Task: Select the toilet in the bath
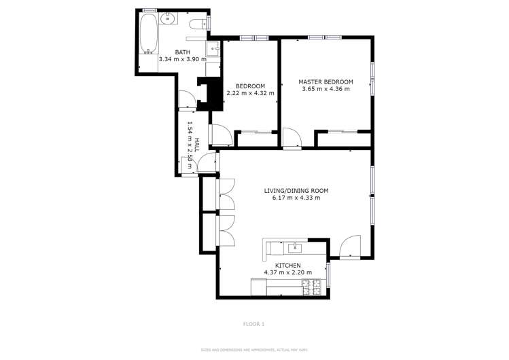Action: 198,24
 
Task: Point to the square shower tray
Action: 213,50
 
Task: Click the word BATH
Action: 182,52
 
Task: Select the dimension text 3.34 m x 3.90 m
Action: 182,60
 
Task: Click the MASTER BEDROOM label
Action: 326,82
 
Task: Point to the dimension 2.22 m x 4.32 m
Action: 250,93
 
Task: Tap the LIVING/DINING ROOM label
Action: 296,190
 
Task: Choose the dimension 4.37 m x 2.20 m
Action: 287,272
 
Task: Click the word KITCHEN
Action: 287,265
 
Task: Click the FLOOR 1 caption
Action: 254,324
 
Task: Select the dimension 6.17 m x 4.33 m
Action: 296,198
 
